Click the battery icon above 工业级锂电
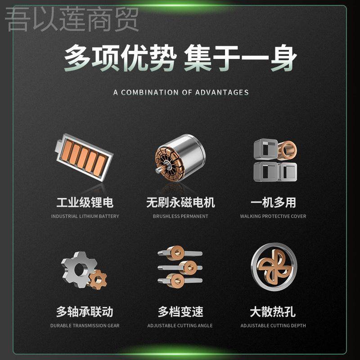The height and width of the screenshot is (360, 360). pos(85,158)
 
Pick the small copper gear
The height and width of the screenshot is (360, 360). pos(98,279)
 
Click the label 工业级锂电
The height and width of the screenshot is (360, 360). pos(85,202)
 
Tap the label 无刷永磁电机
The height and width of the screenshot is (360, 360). pos(180,202)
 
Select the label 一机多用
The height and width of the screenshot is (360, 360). pos(273,202)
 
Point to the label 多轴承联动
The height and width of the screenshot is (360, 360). pos(85,311)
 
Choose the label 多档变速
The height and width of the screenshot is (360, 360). pos(180,311)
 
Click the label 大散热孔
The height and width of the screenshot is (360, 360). pos(273,311)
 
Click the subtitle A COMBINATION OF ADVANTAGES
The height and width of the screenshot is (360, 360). pos(181,92)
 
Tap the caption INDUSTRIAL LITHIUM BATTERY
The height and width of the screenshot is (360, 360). pos(85,216)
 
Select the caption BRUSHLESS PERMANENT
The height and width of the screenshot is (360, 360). pos(180,216)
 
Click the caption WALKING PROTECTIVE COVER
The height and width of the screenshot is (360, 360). pos(273,216)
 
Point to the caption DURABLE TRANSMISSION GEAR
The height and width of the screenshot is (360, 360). pos(85,325)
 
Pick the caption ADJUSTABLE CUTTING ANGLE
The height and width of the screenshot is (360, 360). pos(180,325)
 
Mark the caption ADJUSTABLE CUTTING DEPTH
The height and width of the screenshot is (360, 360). pos(273,325)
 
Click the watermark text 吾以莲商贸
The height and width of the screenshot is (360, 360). pos(72,20)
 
